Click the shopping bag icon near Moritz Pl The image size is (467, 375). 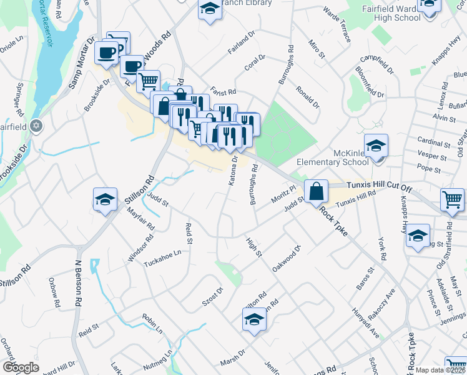pos(317,191)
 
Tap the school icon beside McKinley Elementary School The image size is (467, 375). pos(376,147)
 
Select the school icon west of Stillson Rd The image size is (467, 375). pos(106,200)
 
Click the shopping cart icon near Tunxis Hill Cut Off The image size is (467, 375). pos(453,200)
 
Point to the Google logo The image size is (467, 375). pos(21,367)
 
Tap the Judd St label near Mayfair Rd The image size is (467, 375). pos(157,201)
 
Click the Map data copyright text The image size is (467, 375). pos(440,370)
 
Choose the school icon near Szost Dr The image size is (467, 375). pos(254,320)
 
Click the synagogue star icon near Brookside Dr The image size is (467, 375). pos(36,126)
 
